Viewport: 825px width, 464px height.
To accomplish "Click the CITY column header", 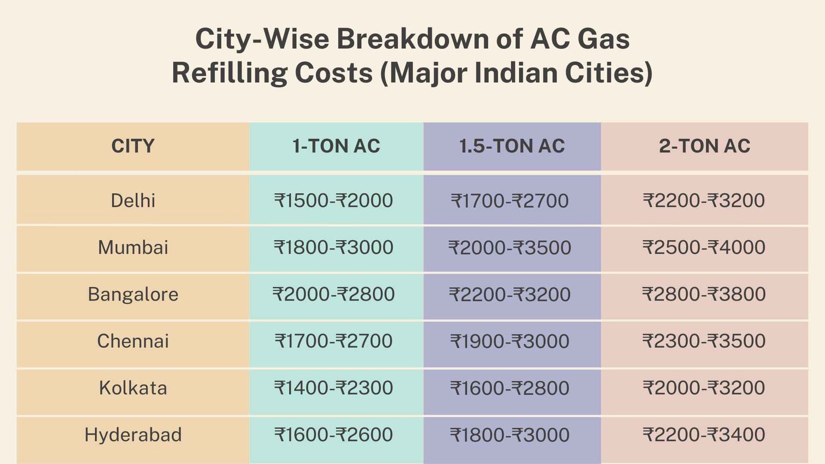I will click(133, 146).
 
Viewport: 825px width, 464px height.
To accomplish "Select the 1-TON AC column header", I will click(336, 146).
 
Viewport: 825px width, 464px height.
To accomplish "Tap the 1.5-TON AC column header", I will click(512, 146).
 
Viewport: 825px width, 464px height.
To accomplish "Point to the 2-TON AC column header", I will click(704, 146).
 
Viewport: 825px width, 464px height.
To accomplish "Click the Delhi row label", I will click(133, 201).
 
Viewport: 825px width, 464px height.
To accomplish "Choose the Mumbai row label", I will click(133, 247).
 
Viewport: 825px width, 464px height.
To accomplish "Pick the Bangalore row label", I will click(133, 294).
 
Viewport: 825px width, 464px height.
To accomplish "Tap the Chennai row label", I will click(133, 341).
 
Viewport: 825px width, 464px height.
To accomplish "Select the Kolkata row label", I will click(133, 388).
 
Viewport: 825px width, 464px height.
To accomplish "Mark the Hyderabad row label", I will click(133, 435).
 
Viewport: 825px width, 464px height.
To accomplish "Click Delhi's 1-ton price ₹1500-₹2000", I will click(334, 201).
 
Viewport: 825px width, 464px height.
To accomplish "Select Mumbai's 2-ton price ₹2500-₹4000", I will click(704, 247).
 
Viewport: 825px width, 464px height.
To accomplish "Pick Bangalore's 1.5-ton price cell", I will click(510, 295).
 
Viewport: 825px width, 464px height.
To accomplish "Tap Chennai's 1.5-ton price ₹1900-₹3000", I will click(510, 341).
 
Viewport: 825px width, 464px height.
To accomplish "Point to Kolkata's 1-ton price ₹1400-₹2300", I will click(334, 388).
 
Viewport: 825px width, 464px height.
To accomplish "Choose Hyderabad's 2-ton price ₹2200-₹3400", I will click(704, 435).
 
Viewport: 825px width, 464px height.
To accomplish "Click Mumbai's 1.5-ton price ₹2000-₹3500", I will click(510, 248).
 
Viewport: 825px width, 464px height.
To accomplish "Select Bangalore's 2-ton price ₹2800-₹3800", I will click(704, 294).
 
